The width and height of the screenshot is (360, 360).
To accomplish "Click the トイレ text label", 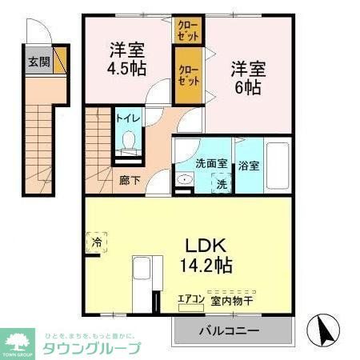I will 129,118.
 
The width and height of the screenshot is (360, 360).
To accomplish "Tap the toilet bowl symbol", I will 128,142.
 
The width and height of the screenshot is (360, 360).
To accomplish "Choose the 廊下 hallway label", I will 129,180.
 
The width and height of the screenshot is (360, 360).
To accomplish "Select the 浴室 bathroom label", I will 248,166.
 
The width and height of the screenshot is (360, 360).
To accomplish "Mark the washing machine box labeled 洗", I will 222,182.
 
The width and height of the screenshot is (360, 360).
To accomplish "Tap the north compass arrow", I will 324,328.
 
